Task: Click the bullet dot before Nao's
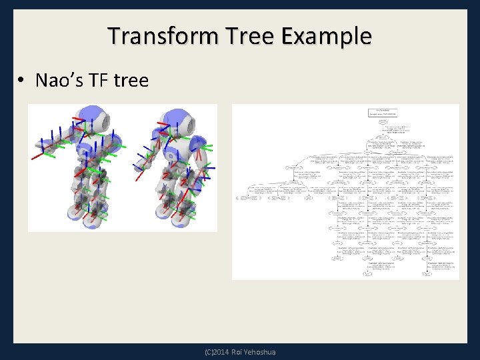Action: point(22,81)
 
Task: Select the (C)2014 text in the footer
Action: point(217,352)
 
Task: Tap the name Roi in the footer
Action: point(239,352)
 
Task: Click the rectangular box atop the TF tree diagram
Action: point(383,111)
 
